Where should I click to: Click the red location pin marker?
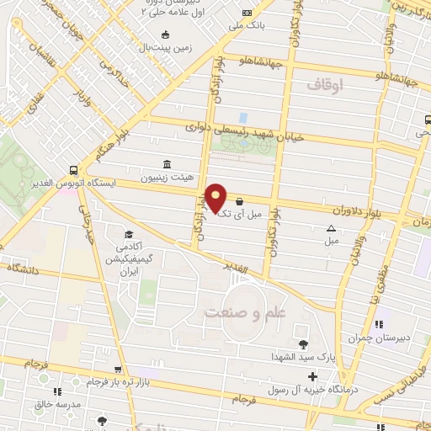(216, 197)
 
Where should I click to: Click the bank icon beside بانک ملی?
(247, 13)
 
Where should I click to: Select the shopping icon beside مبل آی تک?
(242, 202)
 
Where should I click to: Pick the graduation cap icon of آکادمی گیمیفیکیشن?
(129, 234)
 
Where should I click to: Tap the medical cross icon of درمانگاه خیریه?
(313, 376)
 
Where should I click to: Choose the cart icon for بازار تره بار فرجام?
(119, 370)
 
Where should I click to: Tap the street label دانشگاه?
(25, 268)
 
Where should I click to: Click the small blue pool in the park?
(243, 118)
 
